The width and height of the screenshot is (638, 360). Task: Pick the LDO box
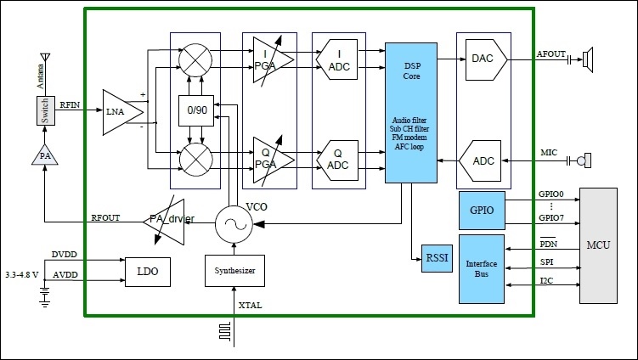pos(147,271)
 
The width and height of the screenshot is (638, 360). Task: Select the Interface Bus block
pos(481,270)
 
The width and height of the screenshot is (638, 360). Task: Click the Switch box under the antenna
pos(43,110)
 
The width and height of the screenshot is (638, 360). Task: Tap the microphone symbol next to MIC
pos(583,160)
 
